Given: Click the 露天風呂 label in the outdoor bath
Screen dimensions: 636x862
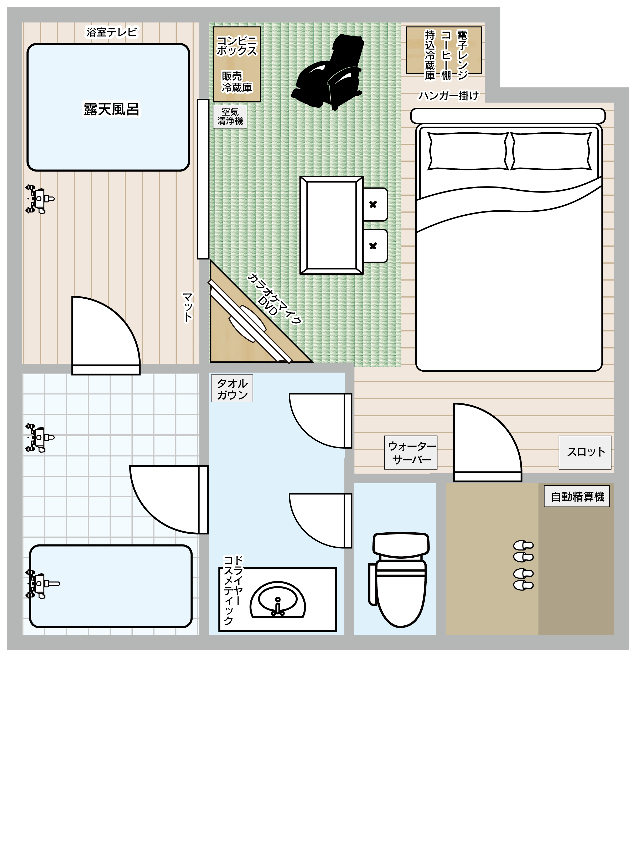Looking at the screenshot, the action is point(112,109).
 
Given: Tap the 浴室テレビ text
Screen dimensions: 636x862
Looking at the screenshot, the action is point(112,32).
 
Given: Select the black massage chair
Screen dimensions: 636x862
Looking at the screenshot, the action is point(328,72).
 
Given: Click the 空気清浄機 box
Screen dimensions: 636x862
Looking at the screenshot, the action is point(230,117).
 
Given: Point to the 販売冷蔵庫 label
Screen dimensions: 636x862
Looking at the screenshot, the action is point(237,82).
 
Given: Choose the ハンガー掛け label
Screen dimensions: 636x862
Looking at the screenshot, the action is point(448,95).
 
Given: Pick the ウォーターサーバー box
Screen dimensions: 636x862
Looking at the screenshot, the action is point(411,453).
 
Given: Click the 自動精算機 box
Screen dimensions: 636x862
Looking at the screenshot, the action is point(577,496).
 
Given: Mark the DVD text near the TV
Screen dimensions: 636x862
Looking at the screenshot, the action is point(268,305).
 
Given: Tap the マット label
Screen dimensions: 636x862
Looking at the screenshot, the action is point(188,307).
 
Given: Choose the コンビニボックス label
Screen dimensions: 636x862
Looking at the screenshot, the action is point(237,46).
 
